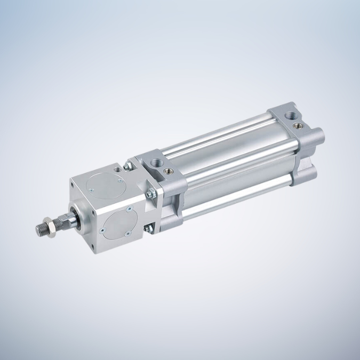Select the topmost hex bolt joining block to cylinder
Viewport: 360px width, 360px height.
tap(129, 166)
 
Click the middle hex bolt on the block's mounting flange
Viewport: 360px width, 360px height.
tap(151, 194)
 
